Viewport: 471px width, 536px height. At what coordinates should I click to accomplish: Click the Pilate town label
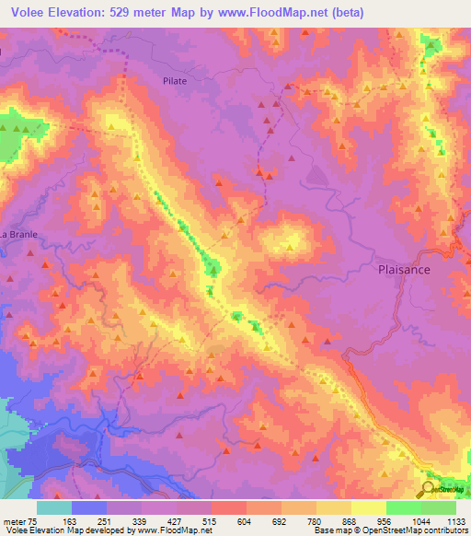click(175, 81)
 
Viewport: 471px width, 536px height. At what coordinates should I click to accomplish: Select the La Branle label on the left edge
click(18, 234)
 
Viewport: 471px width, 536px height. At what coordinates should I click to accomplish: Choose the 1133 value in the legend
click(455, 521)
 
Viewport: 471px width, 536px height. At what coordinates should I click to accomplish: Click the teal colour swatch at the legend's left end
click(54, 507)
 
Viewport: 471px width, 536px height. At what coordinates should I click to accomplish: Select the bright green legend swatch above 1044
click(403, 507)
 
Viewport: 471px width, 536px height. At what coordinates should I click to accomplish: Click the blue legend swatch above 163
click(89, 507)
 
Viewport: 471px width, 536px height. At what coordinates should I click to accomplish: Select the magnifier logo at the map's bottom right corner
click(430, 490)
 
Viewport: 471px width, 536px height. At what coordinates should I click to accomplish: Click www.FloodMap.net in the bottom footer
click(172, 530)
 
